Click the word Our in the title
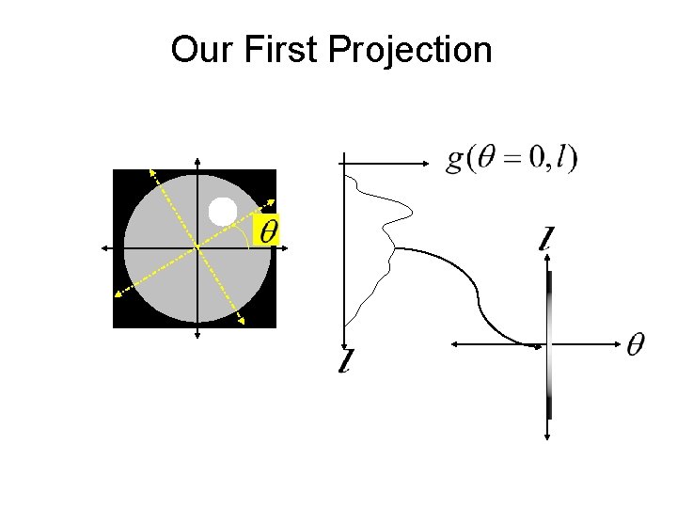(x=201, y=50)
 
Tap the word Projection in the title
(x=410, y=50)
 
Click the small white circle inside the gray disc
(x=223, y=212)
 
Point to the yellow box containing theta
(x=268, y=230)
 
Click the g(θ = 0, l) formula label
(x=512, y=158)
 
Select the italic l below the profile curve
(x=347, y=359)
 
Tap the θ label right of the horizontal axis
(x=637, y=345)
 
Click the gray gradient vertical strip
(x=549, y=344)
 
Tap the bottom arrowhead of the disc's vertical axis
(x=197, y=334)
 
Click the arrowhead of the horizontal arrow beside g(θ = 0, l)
(x=424, y=162)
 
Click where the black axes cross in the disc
(x=197, y=247)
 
